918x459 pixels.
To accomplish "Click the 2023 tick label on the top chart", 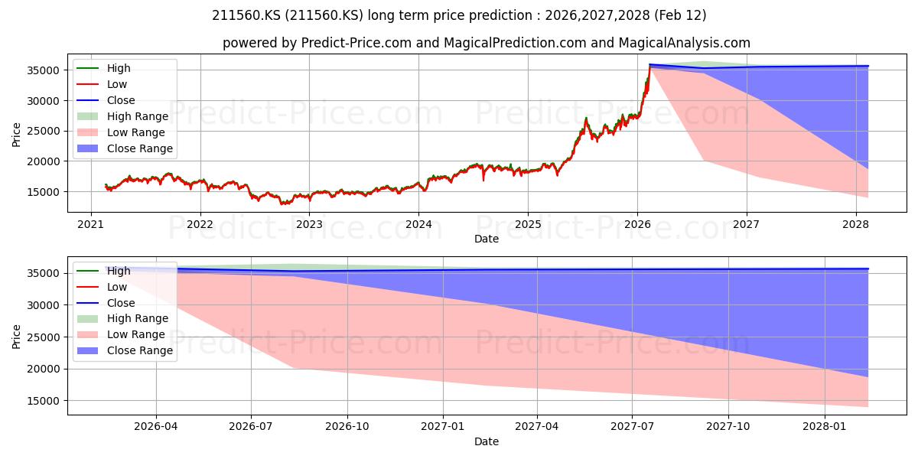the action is coord(309,225).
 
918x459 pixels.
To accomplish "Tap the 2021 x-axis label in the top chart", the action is coord(90,225).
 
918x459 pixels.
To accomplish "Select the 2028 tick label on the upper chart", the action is coord(856,225).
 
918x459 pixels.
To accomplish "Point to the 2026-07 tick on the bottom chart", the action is coord(251,427).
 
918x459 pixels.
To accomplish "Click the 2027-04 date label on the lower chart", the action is coord(537,427).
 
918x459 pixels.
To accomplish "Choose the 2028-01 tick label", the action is coord(825,427).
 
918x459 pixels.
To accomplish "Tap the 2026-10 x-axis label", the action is coord(347,427).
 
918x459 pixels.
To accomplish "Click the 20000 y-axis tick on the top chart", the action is coord(44,162).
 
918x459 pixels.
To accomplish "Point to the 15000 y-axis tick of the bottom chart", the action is coord(44,401).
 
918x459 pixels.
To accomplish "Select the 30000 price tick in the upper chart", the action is coord(44,101).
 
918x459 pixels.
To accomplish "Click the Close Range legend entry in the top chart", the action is coord(125,148).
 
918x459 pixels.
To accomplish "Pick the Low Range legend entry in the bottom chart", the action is coord(121,334).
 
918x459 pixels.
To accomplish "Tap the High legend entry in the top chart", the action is coord(104,68).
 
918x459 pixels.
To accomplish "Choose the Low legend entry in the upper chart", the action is coord(102,84).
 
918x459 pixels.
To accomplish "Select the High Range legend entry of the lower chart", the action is coord(122,318).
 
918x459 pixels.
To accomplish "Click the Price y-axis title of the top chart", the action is coord(16,135).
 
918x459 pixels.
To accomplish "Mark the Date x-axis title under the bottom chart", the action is coord(487,442).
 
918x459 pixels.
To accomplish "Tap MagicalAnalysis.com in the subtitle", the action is coord(685,43).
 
